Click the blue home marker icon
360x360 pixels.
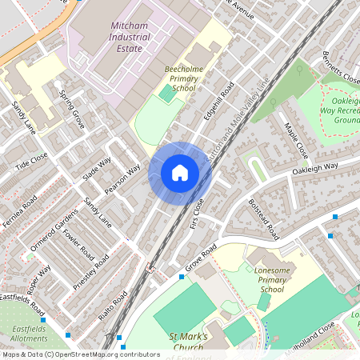tap(180, 172)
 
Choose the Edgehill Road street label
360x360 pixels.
tap(218, 101)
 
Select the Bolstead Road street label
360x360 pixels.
tap(262, 218)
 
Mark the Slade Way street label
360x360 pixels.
tap(97, 169)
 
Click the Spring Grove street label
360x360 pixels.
tap(72, 110)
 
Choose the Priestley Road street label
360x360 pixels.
tap(90, 273)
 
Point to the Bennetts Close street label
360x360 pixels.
tap(341, 70)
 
